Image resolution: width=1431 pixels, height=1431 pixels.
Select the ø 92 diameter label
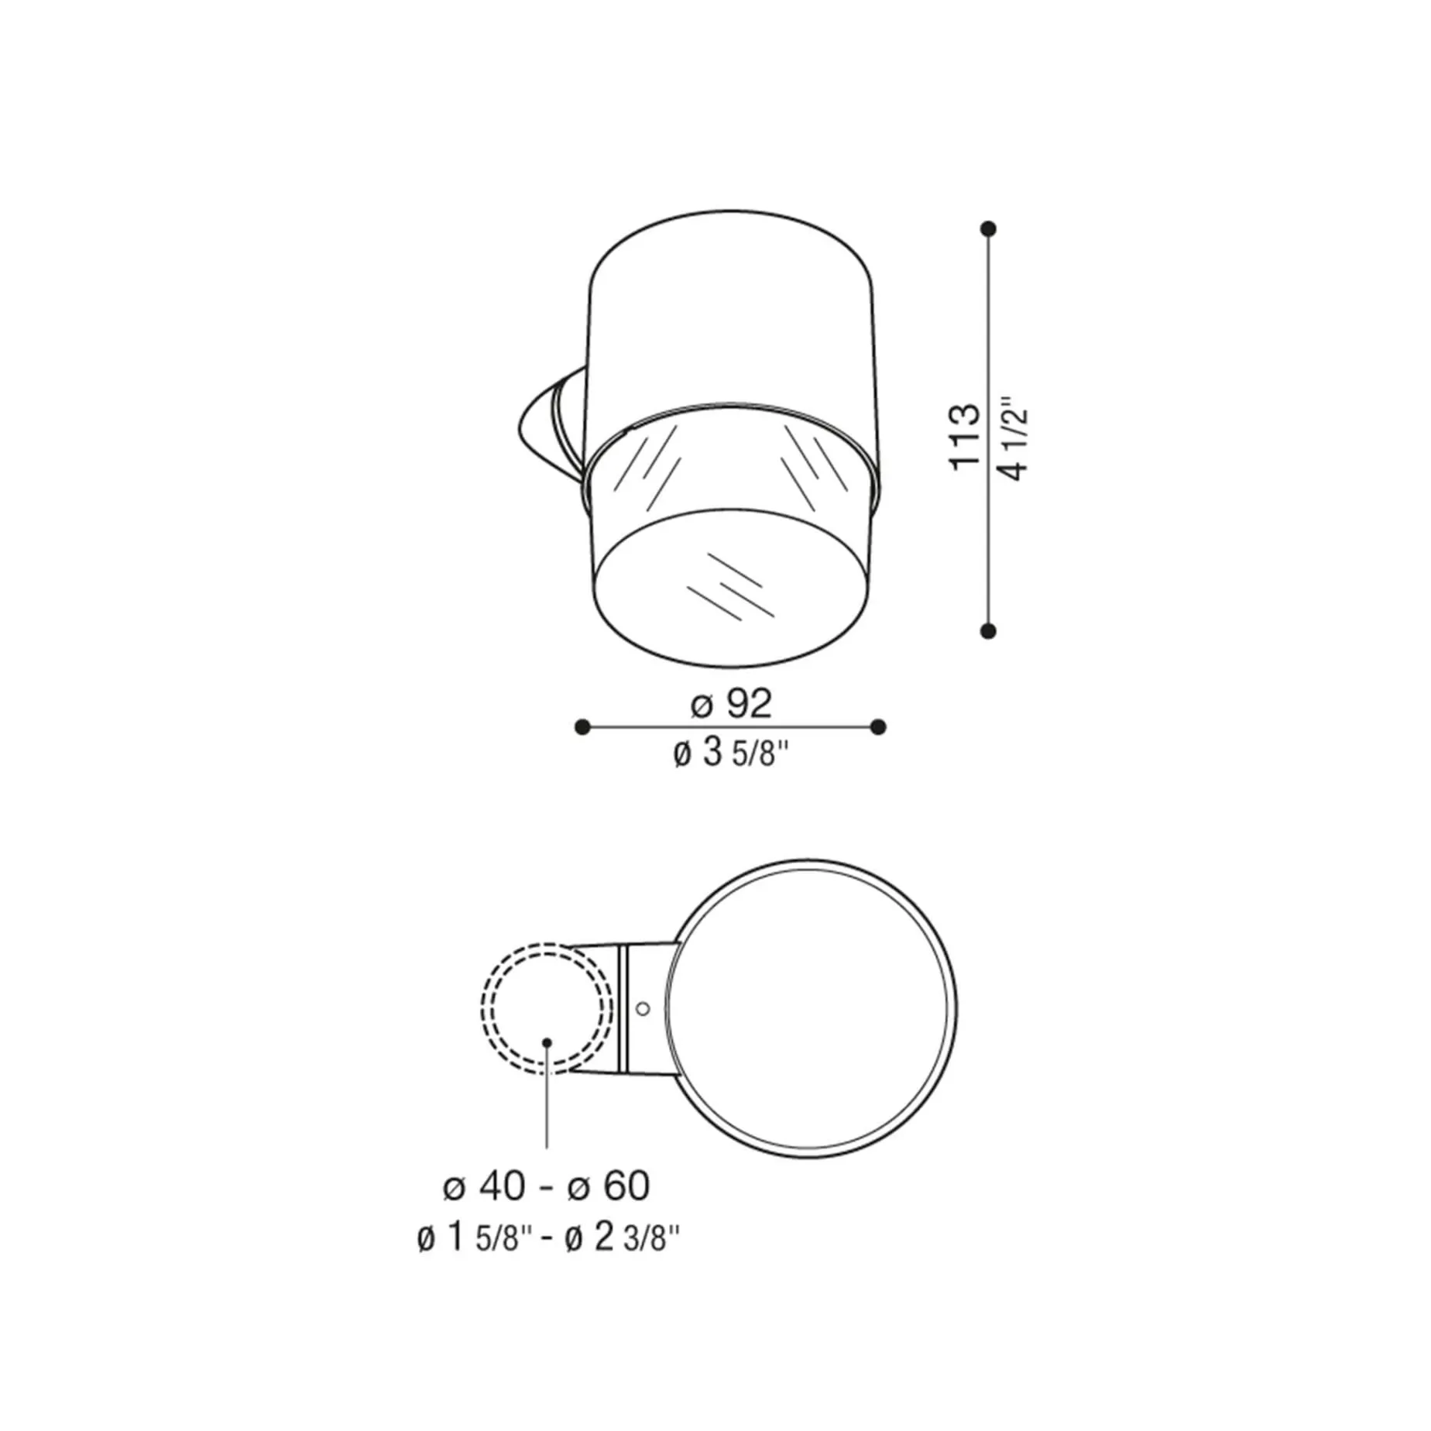click(732, 703)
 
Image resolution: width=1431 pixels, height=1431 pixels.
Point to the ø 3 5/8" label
click(732, 753)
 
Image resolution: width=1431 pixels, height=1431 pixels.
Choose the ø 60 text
click(609, 1186)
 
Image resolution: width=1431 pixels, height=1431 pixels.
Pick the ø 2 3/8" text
click(623, 1238)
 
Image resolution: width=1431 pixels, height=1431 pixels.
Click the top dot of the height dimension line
click(988, 229)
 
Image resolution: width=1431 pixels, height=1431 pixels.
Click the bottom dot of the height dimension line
click(988, 631)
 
